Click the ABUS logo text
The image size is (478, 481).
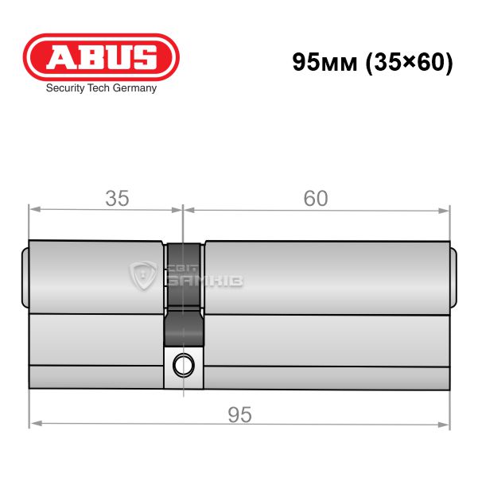pyautogui.click(x=101, y=57)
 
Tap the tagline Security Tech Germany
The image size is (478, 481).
pyautogui.click(x=101, y=88)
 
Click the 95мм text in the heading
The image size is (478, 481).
pyautogui.click(x=325, y=62)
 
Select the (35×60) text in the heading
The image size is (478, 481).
pyautogui.click(x=410, y=63)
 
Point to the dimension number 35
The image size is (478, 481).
pyautogui.click(x=117, y=198)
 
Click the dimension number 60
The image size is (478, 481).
pyautogui.click(x=316, y=198)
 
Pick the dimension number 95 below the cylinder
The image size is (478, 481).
pyautogui.click(x=239, y=415)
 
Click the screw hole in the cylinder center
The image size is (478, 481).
pyautogui.click(x=184, y=365)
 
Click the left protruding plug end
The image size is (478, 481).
pyautogui.click(x=25, y=277)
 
